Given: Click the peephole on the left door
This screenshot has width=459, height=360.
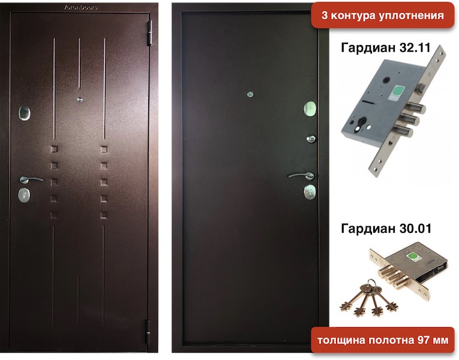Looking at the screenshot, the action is [79, 100].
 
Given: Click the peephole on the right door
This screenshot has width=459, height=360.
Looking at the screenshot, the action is [250, 94].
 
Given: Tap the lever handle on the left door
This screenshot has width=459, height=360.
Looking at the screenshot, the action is [31, 179].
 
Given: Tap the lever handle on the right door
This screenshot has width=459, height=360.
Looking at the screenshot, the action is [302, 176].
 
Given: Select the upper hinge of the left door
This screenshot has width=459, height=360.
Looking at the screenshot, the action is [151, 33].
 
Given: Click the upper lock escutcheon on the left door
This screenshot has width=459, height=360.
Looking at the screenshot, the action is [24, 113].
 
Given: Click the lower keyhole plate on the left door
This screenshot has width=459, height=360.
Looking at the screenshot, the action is [24, 195].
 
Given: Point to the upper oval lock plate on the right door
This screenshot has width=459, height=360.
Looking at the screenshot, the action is [310, 109].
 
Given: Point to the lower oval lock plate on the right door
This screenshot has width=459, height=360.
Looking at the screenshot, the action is [310, 192].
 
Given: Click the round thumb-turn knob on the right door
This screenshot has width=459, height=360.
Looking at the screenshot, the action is [311, 139].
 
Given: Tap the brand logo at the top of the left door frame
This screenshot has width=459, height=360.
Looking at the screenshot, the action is [81, 7].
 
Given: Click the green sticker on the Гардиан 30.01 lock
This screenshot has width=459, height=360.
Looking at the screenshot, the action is [413, 257].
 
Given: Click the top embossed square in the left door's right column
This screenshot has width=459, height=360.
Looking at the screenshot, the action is [104, 149].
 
